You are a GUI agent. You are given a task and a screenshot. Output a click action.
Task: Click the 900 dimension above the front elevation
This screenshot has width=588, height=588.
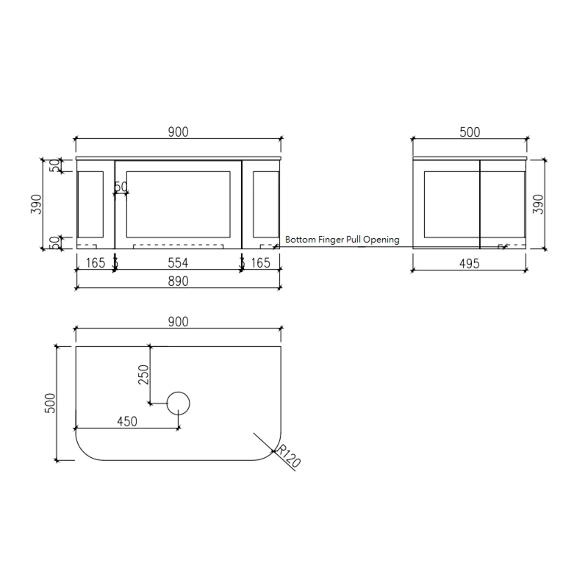click(179, 132)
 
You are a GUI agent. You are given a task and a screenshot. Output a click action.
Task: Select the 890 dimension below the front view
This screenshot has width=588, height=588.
click(179, 281)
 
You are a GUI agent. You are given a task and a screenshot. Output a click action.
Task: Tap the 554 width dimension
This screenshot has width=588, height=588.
click(179, 262)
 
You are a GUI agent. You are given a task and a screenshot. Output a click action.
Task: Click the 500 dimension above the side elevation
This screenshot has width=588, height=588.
click(470, 132)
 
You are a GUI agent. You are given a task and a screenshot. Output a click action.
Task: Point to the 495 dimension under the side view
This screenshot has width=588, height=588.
click(469, 264)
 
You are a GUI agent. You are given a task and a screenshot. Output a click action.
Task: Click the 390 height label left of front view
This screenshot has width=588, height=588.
click(36, 204)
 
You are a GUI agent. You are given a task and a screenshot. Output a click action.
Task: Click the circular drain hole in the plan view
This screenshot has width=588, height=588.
click(179, 403)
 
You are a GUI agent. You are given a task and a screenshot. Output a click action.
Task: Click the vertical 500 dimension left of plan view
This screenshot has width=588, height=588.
click(51, 403)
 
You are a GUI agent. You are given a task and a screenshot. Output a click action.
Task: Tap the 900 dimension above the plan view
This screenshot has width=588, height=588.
click(179, 321)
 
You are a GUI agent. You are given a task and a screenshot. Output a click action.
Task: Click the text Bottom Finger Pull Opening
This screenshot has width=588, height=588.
click(342, 240)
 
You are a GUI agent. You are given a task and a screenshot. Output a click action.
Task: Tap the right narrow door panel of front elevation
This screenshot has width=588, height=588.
click(265, 204)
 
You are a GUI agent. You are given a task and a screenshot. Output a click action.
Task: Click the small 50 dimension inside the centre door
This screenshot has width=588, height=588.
click(121, 187)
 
